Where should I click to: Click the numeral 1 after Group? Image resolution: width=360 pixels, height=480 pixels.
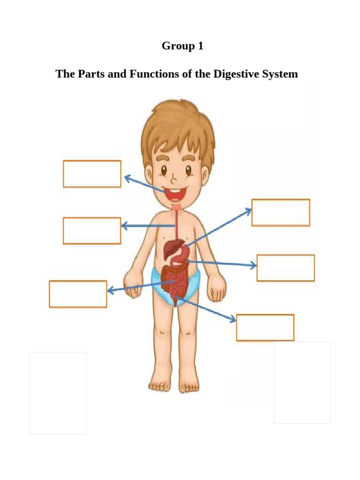click(201, 46)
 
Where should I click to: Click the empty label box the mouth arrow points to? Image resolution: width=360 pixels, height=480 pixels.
click(92, 174)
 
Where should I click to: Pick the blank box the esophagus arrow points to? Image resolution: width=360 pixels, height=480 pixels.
click(92, 231)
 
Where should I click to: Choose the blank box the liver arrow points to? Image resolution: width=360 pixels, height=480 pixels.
click(280, 212)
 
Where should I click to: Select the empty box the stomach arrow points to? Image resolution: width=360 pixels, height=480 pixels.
click(285, 268)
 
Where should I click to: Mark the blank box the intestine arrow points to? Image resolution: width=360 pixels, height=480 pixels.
click(78, 294)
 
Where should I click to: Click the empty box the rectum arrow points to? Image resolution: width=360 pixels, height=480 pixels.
click(265, 328)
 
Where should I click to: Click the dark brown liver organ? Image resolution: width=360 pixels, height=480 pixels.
click(172, 247)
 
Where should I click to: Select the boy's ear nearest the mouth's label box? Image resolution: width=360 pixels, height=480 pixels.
click(149, 176)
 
